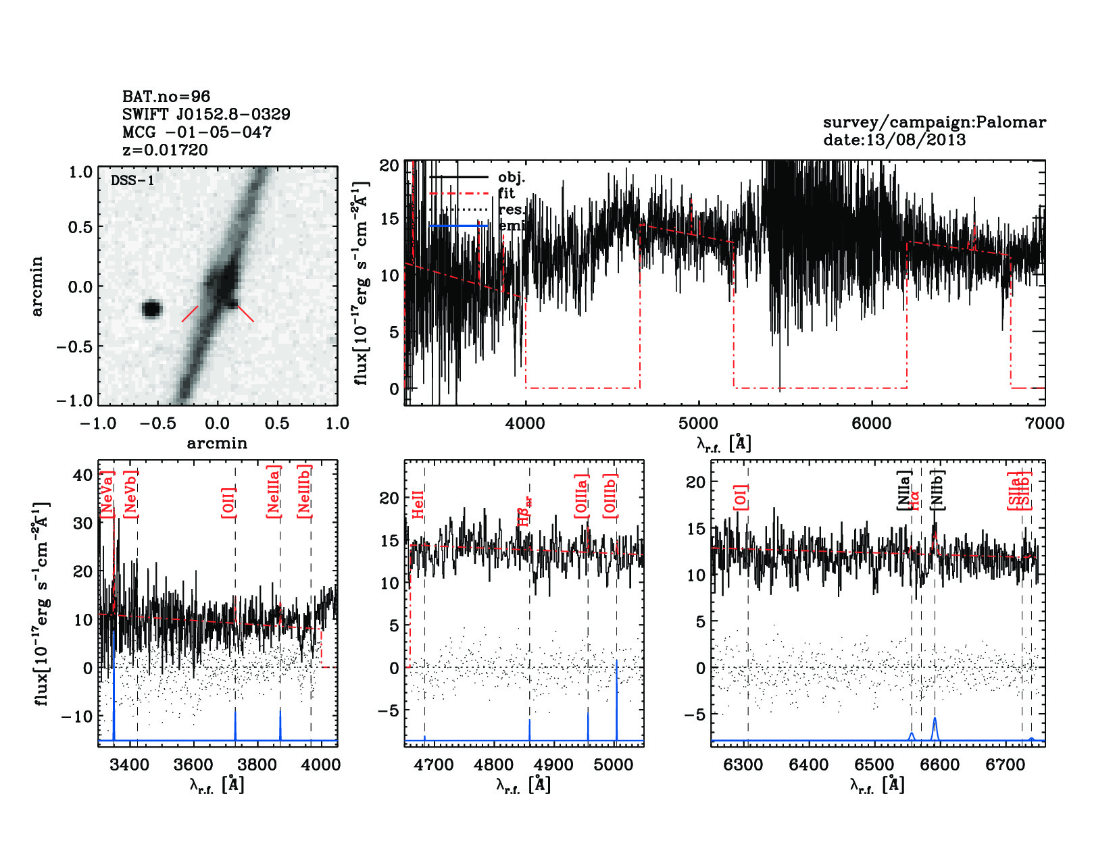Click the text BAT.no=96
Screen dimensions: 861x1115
click(166, 97)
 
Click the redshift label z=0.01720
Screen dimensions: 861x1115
click(165, 150)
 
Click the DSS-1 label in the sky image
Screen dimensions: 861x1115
click(132, 180)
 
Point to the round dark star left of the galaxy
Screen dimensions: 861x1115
click(152, 309)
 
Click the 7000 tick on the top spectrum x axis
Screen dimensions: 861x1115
click(1044, 423)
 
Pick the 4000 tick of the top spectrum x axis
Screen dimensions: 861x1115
click(525, 423)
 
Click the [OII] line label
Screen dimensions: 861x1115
click(229, 502)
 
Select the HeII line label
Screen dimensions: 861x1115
click(418, 504)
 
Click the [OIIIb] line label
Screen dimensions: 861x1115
click(611, 496)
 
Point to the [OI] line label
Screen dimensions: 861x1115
click(741, 498)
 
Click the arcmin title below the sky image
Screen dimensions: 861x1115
click(217, 444)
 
